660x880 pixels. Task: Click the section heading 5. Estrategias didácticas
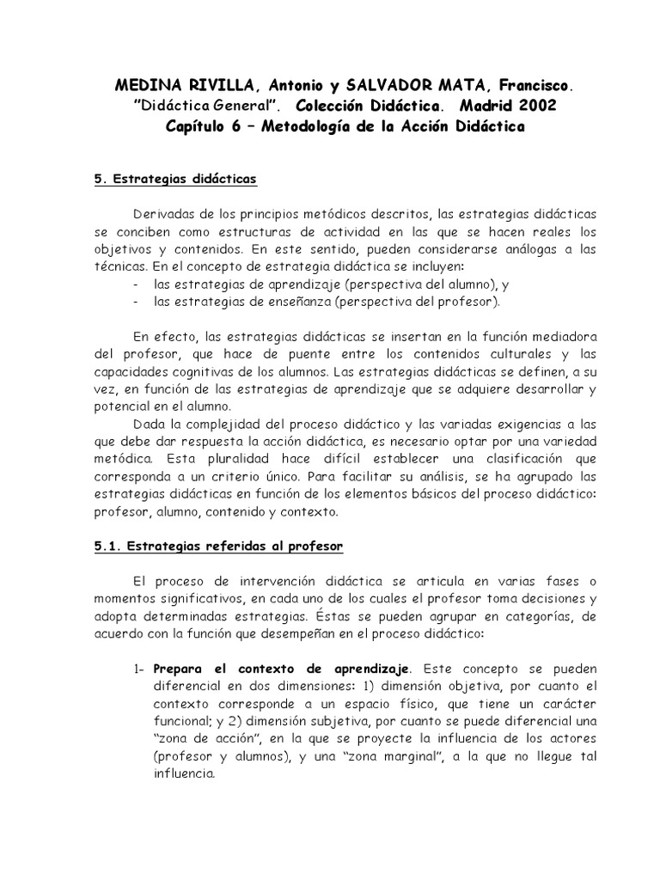pyautogui.click(x=174, y=180)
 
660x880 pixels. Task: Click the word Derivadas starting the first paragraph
pyautogui.click(x=164, y=213)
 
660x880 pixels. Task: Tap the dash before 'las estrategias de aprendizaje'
pyautogui.click(x=138, y=284)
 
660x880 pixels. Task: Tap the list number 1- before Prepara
pyautogui.click(x=141, y=668)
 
